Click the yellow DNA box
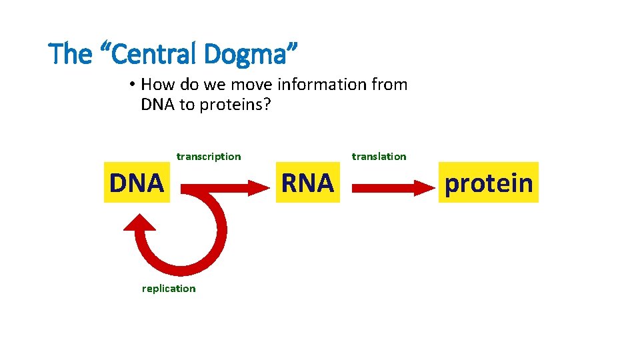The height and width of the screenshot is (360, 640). click(x=137, y=182)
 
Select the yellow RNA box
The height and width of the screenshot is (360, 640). click(x=307, y=182)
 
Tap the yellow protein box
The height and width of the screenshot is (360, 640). click(x=489, y=182)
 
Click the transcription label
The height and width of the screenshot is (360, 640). click(x=209, y=157)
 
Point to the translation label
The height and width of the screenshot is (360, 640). click(x=379, y=157)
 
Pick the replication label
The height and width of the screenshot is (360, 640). click(x=169, y=289)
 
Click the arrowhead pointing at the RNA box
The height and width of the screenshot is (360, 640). click(x=257, y=189)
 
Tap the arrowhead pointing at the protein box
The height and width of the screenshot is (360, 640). click(x=423, y=189)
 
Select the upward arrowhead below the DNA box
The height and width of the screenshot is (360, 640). click(x=139, y=224)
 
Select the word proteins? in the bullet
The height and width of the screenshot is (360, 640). click(x=233, y=105)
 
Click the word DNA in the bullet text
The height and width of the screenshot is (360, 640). click(x=158, y=105)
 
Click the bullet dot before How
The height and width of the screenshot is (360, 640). click(x=133, y=85)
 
